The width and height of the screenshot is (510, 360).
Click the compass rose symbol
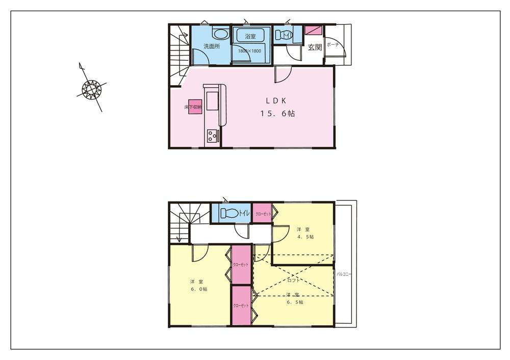(92, 90)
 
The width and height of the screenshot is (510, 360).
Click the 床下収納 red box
(193, 108)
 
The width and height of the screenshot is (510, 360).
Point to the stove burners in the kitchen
(212, 136)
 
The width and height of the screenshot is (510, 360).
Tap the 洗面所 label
(212, 46)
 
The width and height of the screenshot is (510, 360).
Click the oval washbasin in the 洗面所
(220, 34)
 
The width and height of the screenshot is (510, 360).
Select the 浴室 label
(250, 37)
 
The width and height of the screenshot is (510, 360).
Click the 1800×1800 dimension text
(250, 51)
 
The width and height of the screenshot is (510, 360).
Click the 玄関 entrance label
(314, 47)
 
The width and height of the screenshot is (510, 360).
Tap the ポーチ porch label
(333, 45)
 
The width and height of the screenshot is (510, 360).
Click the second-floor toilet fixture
(230, 213)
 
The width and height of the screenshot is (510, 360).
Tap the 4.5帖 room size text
(305, 237)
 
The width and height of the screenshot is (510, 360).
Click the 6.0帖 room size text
(199, 289)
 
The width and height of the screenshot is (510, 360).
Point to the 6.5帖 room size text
(295, 302)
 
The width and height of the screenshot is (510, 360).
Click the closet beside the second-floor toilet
(263, 214)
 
